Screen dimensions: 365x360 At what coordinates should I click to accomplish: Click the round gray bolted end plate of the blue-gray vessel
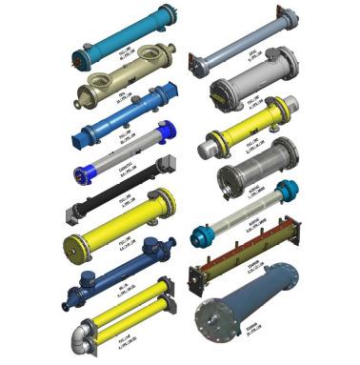click(x=217, y=324)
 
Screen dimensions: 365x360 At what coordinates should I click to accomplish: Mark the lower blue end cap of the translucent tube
click(x=203, y=234)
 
